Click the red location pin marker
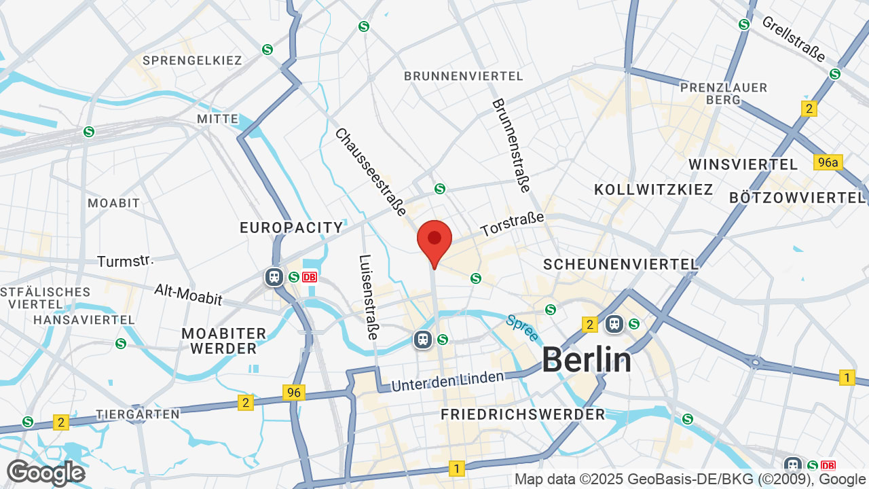point(434,240)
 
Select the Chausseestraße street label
point(371,173)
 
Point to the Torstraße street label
point(513,225)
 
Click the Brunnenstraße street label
point(511,145)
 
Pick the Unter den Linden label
point(448,380)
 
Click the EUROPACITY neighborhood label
point(291,228)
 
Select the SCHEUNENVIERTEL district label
point(621,264)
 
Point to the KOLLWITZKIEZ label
point(654,189)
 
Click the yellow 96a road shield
point(828,162)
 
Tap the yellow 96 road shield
point(294,393)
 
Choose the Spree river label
point(521,327)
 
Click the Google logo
point(45,473)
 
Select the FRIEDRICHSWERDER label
point(522,414)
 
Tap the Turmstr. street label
point(126,261)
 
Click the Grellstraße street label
point(793,39)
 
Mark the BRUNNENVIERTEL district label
point(464,76)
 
